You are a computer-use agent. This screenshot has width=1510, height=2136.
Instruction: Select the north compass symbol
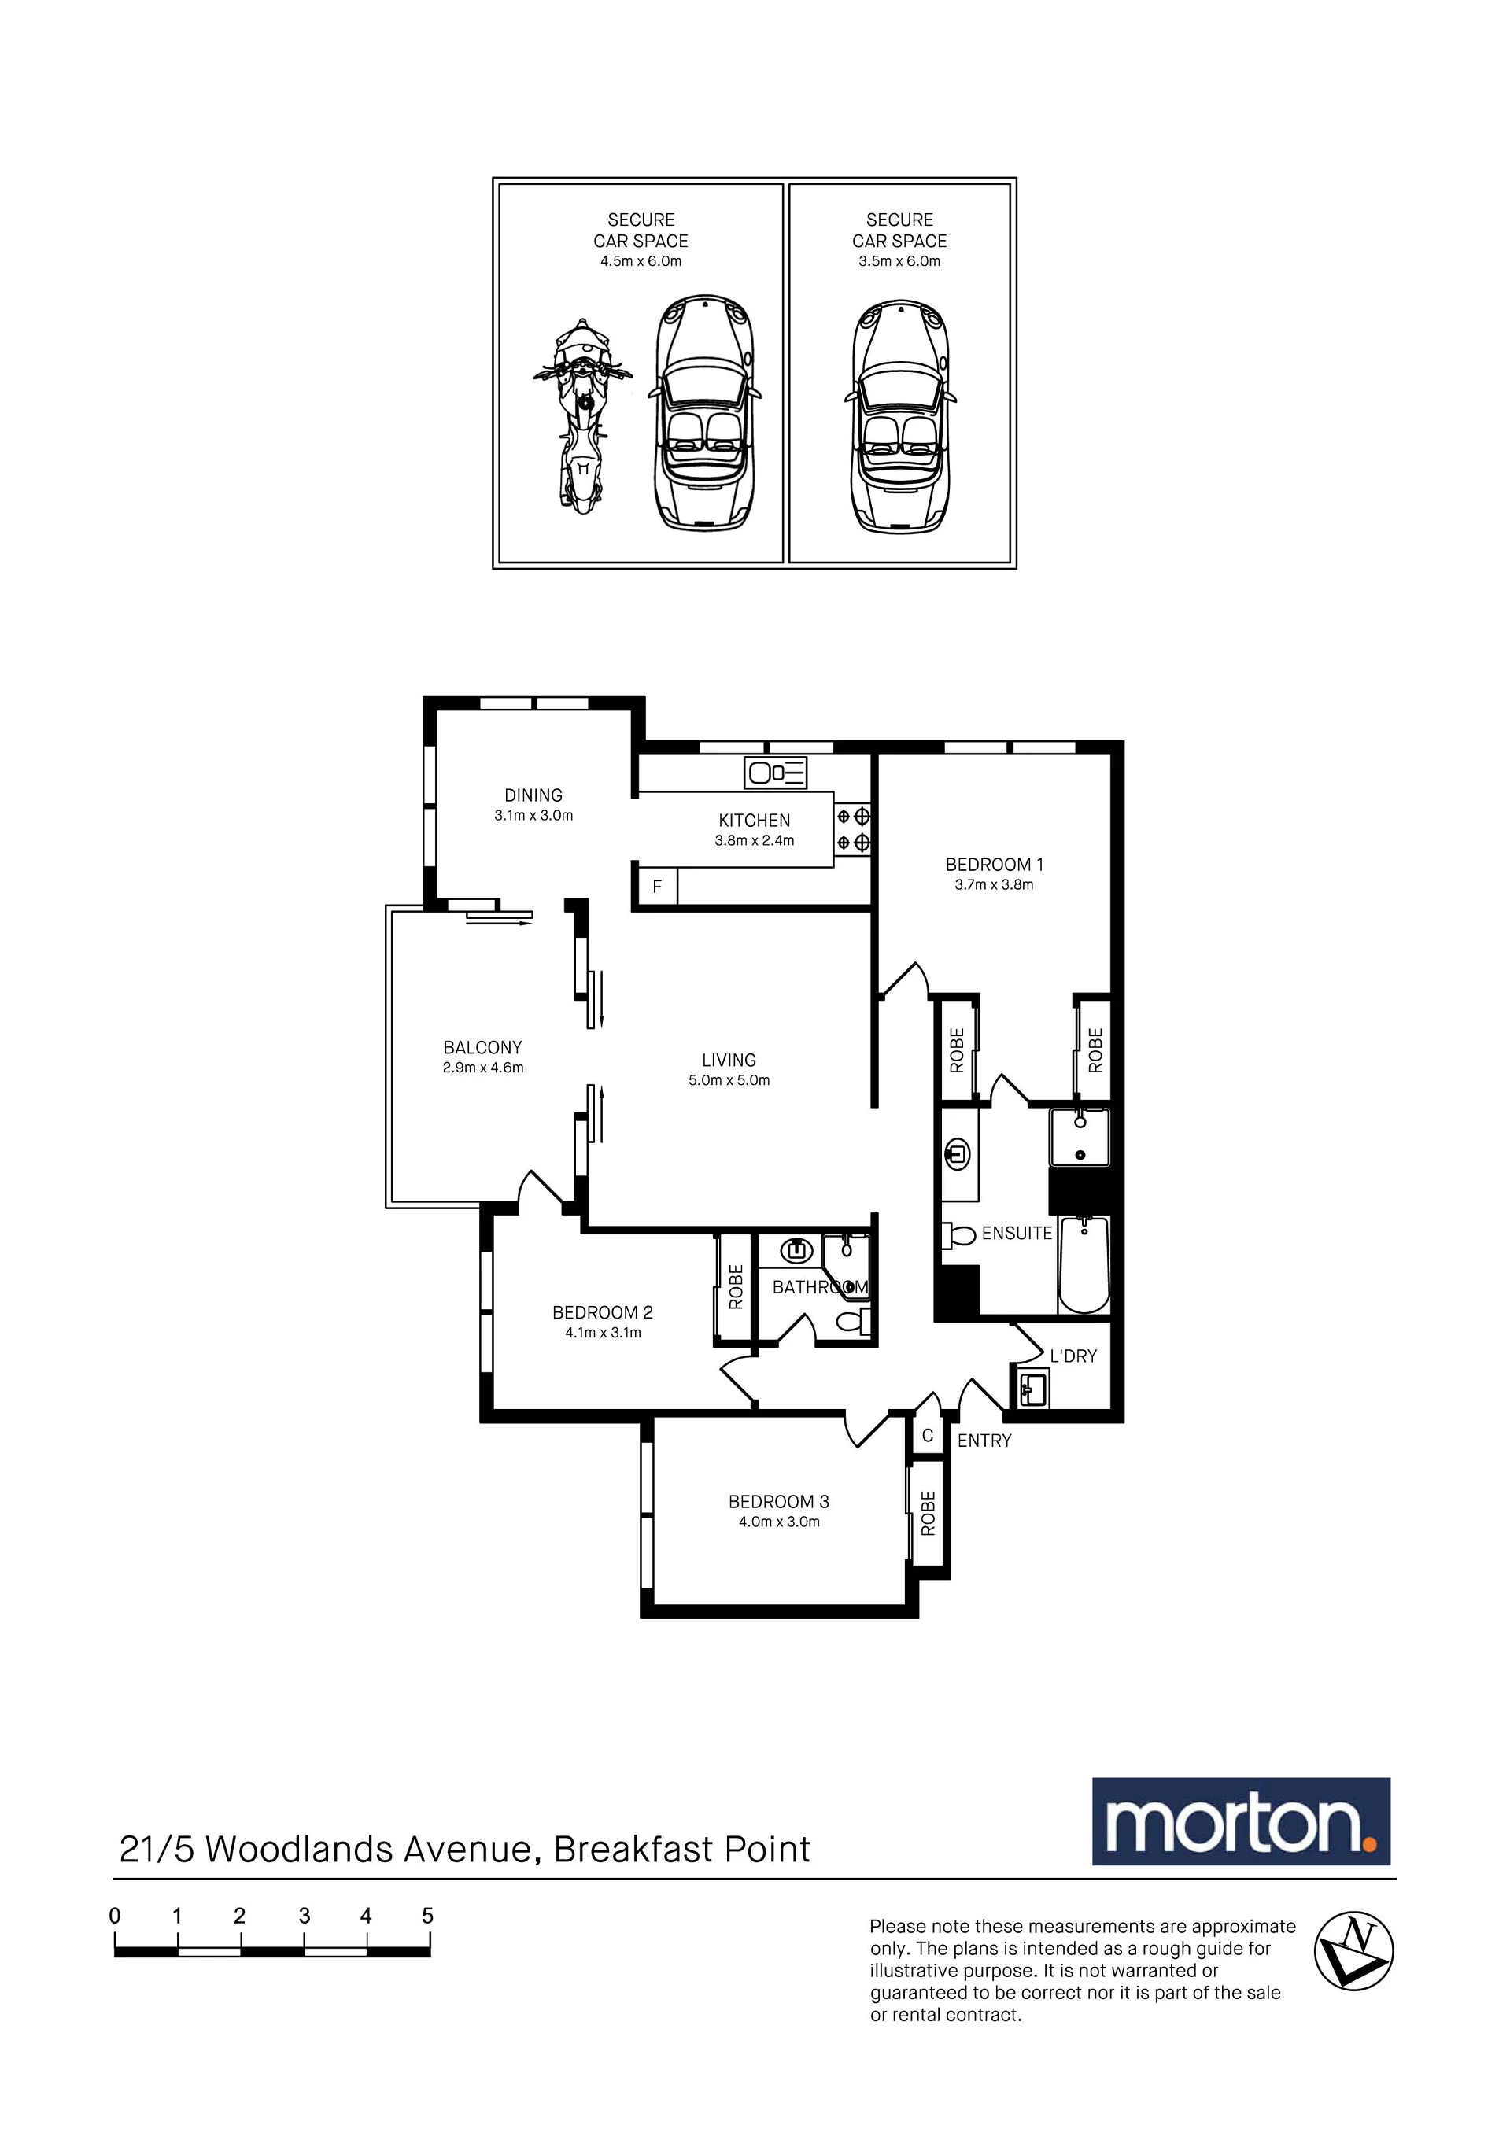point(1353,1951)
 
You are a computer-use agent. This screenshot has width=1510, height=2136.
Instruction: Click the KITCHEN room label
point(755,821)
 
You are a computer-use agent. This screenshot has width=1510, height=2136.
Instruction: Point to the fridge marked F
point(657,887)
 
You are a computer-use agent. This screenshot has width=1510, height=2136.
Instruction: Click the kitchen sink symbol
point(776,772)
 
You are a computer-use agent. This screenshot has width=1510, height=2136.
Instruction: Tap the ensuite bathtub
point(1084,1264)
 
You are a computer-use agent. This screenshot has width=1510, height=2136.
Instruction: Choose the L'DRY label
point(1073,1356)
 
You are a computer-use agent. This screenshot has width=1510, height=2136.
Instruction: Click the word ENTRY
point(984,1441)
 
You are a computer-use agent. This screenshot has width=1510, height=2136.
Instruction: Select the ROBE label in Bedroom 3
point(928,1513)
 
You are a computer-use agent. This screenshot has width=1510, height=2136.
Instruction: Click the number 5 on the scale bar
point(428,1916)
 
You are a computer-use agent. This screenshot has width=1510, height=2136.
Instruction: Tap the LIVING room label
point(729,1061)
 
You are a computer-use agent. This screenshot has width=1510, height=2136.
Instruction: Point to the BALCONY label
point(483,1047)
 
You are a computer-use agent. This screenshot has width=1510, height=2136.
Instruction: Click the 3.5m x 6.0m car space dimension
point(899,261)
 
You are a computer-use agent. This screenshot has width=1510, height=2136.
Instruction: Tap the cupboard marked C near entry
point(928,1436)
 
